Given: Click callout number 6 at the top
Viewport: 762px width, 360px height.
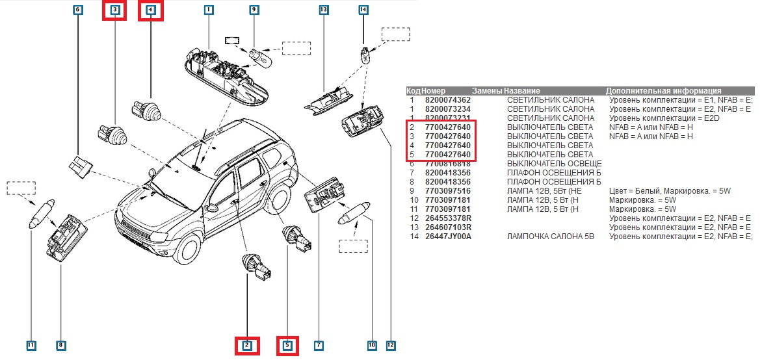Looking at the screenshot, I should tap(78, 10).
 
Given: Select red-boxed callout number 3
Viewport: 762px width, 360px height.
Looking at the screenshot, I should tap(115, 10).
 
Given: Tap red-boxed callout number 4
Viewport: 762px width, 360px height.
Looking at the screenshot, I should tap(151, 10).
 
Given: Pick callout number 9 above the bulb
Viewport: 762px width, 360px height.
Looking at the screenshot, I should tap(254, 10).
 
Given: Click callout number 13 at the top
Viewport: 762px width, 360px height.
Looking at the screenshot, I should tap(324, 10).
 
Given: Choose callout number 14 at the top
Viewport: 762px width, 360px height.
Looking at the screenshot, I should tap(363, 10).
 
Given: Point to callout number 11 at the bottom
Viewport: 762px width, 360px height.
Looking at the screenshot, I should tap(31, 345).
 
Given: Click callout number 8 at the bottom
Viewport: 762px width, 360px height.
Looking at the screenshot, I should tap(60, 345).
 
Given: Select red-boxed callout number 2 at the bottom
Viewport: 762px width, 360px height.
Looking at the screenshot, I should tap(247, 346).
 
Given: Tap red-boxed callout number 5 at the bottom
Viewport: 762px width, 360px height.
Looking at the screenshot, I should tap(287, 346).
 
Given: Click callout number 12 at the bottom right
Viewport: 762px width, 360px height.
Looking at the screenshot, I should tap(391, 345).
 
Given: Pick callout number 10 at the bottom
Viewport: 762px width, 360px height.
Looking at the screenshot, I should tap(372, 345).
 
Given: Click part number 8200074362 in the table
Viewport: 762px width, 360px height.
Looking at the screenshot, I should tap(447, 100).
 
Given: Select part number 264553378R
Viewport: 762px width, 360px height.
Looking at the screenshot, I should tap(448, 218).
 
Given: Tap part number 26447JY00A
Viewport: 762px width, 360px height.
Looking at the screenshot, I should tap(448, 237).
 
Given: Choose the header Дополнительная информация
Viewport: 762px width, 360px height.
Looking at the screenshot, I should tap(663, 91).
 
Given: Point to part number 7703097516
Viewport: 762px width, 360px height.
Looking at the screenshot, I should tap(447, 191).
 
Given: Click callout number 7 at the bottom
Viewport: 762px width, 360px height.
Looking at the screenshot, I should tap(319, 345).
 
